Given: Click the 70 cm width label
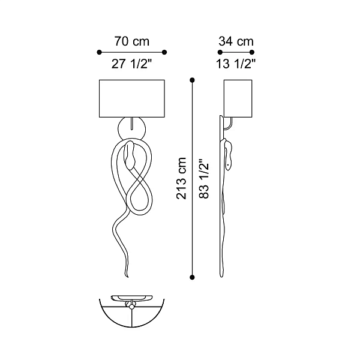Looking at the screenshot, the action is click(x=132, y=41).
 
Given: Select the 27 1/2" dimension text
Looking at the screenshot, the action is click(x=132, y=64).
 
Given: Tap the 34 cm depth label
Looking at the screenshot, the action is click(x=236, y=41).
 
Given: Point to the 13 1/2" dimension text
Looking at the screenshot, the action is click(x=236, y=64).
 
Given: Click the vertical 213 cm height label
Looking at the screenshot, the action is click(x=181, y=178).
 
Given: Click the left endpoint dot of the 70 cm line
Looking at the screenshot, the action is click(x=99, y=52).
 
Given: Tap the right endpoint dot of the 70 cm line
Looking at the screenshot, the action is click(x=164, y=52).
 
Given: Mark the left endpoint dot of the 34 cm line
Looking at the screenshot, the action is click(x=220, y=52).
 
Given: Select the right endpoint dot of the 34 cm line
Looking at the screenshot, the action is click(x=252, y=52).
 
